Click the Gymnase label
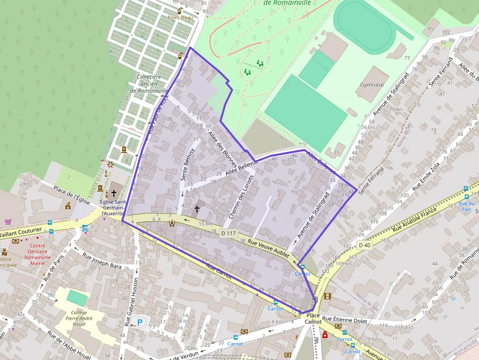372,85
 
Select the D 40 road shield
364,245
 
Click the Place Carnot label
313,319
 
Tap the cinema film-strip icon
327,296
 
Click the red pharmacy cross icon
325,335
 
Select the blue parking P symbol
140,322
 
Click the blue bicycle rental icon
86,228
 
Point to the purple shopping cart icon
8,222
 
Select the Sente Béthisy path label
188,164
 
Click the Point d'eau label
180,18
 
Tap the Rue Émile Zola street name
426,176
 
